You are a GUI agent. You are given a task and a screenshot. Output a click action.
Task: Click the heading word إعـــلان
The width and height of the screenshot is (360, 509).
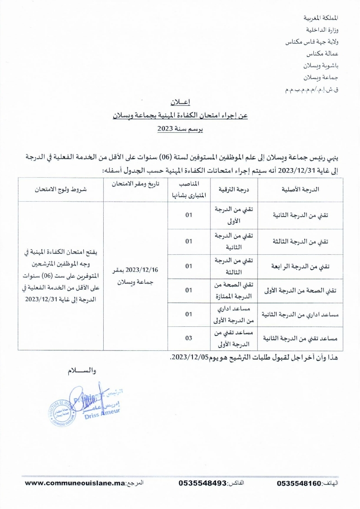[180, 103]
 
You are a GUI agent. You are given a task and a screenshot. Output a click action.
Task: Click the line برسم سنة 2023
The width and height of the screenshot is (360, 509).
[180, 129]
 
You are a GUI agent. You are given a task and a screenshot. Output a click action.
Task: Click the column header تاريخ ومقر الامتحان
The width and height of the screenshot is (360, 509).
[136, 185]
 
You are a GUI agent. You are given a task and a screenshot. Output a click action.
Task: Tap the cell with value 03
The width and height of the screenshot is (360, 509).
[189, 338]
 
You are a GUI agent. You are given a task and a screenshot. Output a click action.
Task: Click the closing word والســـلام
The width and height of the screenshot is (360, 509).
[82, 371]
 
